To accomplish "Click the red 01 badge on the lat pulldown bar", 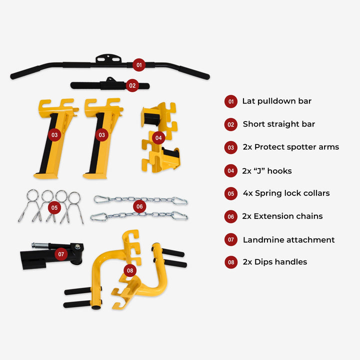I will pyautogui.click(x=139, y=64).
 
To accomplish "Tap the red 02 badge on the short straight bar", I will pyautogui.click(x=132, y=85).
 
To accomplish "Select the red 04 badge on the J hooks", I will pyautogui.click(x=158, y=137).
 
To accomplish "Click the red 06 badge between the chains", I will pyautogui.click(x=139, y=206).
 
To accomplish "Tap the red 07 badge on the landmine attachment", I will pyautogui.click(x=61, y=254).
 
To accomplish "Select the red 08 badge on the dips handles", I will pyautogui.click(x=130, y=271).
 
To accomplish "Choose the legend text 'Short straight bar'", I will pyautogui.click(x=279, y=124).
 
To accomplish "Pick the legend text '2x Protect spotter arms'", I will pyautogui.click(x=290, y=147).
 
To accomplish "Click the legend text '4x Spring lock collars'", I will pyautogui.click(x=286, y=193).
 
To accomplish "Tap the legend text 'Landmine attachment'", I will pyautogui.click(x=288, y=239).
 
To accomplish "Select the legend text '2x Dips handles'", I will pyautogui.click(x=274, y=261).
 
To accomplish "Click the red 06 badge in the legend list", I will pyautogui.click(x=230, y=216).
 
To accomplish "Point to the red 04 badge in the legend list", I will pyautogui.click(x=230, y=171).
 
